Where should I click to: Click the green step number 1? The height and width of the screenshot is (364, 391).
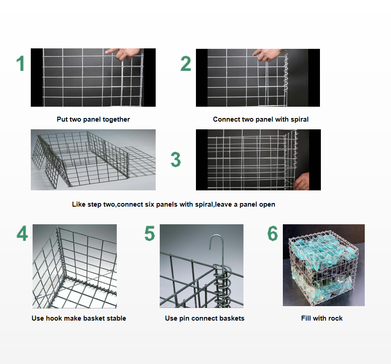coord(20,63)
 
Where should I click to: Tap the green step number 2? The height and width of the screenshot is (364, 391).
coord(186,63)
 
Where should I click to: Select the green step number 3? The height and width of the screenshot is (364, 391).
coord(176,160)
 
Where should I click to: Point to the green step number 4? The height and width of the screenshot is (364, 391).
coord(22,233)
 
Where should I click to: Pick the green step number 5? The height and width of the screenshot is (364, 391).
coord(150,233)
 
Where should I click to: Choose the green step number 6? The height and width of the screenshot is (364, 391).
coord(272,233)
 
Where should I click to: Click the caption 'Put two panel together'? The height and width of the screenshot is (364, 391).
coord(93,119)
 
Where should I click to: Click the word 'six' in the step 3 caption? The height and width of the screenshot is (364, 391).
coord(150,204)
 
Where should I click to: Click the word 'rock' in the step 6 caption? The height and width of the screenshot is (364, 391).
coord(335,318)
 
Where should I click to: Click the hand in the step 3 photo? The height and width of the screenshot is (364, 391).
coord(302,182)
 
